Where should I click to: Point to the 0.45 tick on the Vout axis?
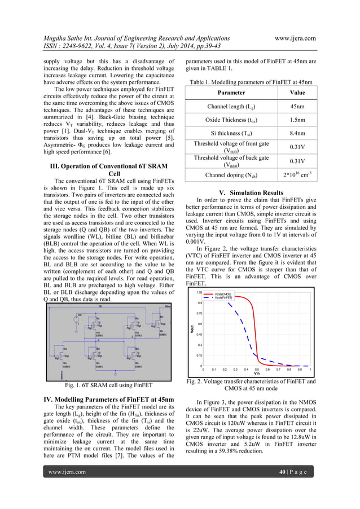(x=199, y=334)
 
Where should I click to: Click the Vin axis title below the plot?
(x=257, y=374)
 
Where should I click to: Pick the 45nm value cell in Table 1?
(x=294, y=106)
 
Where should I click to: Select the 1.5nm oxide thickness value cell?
(x=294, y=120)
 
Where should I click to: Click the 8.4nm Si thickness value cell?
(x=294, y=134)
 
